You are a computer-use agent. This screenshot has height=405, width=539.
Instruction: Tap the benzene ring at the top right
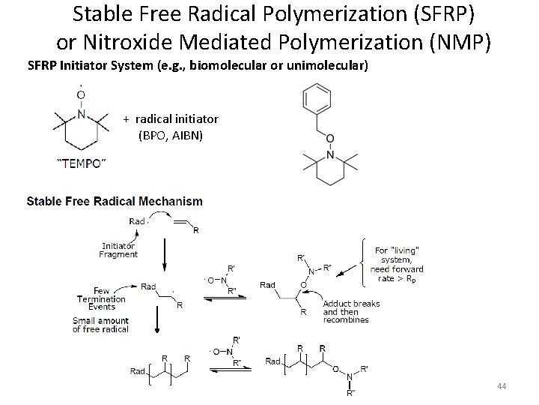coord(315,102)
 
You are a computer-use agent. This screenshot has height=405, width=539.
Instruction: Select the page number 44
coord(502,386)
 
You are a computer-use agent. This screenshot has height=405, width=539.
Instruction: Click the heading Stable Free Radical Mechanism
coord(115,201)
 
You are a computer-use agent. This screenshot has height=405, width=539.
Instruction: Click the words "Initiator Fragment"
coord(118,250)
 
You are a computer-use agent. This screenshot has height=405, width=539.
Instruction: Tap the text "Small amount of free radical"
coord(102,325)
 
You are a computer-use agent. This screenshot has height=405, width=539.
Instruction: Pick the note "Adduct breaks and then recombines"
coord(351,311)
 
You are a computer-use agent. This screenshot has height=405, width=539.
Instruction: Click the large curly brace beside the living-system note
coord(365,262)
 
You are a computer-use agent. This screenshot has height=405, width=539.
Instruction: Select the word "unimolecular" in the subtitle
coord(326,65)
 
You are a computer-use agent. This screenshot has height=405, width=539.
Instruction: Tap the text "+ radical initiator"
coord(171,118)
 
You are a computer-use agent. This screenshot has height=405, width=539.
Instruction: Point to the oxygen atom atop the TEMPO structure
coord(82,94)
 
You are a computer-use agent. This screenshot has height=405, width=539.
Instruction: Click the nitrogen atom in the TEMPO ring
coord(82,115)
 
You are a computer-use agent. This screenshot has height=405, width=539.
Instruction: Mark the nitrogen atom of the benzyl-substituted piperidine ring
coord(329,156)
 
